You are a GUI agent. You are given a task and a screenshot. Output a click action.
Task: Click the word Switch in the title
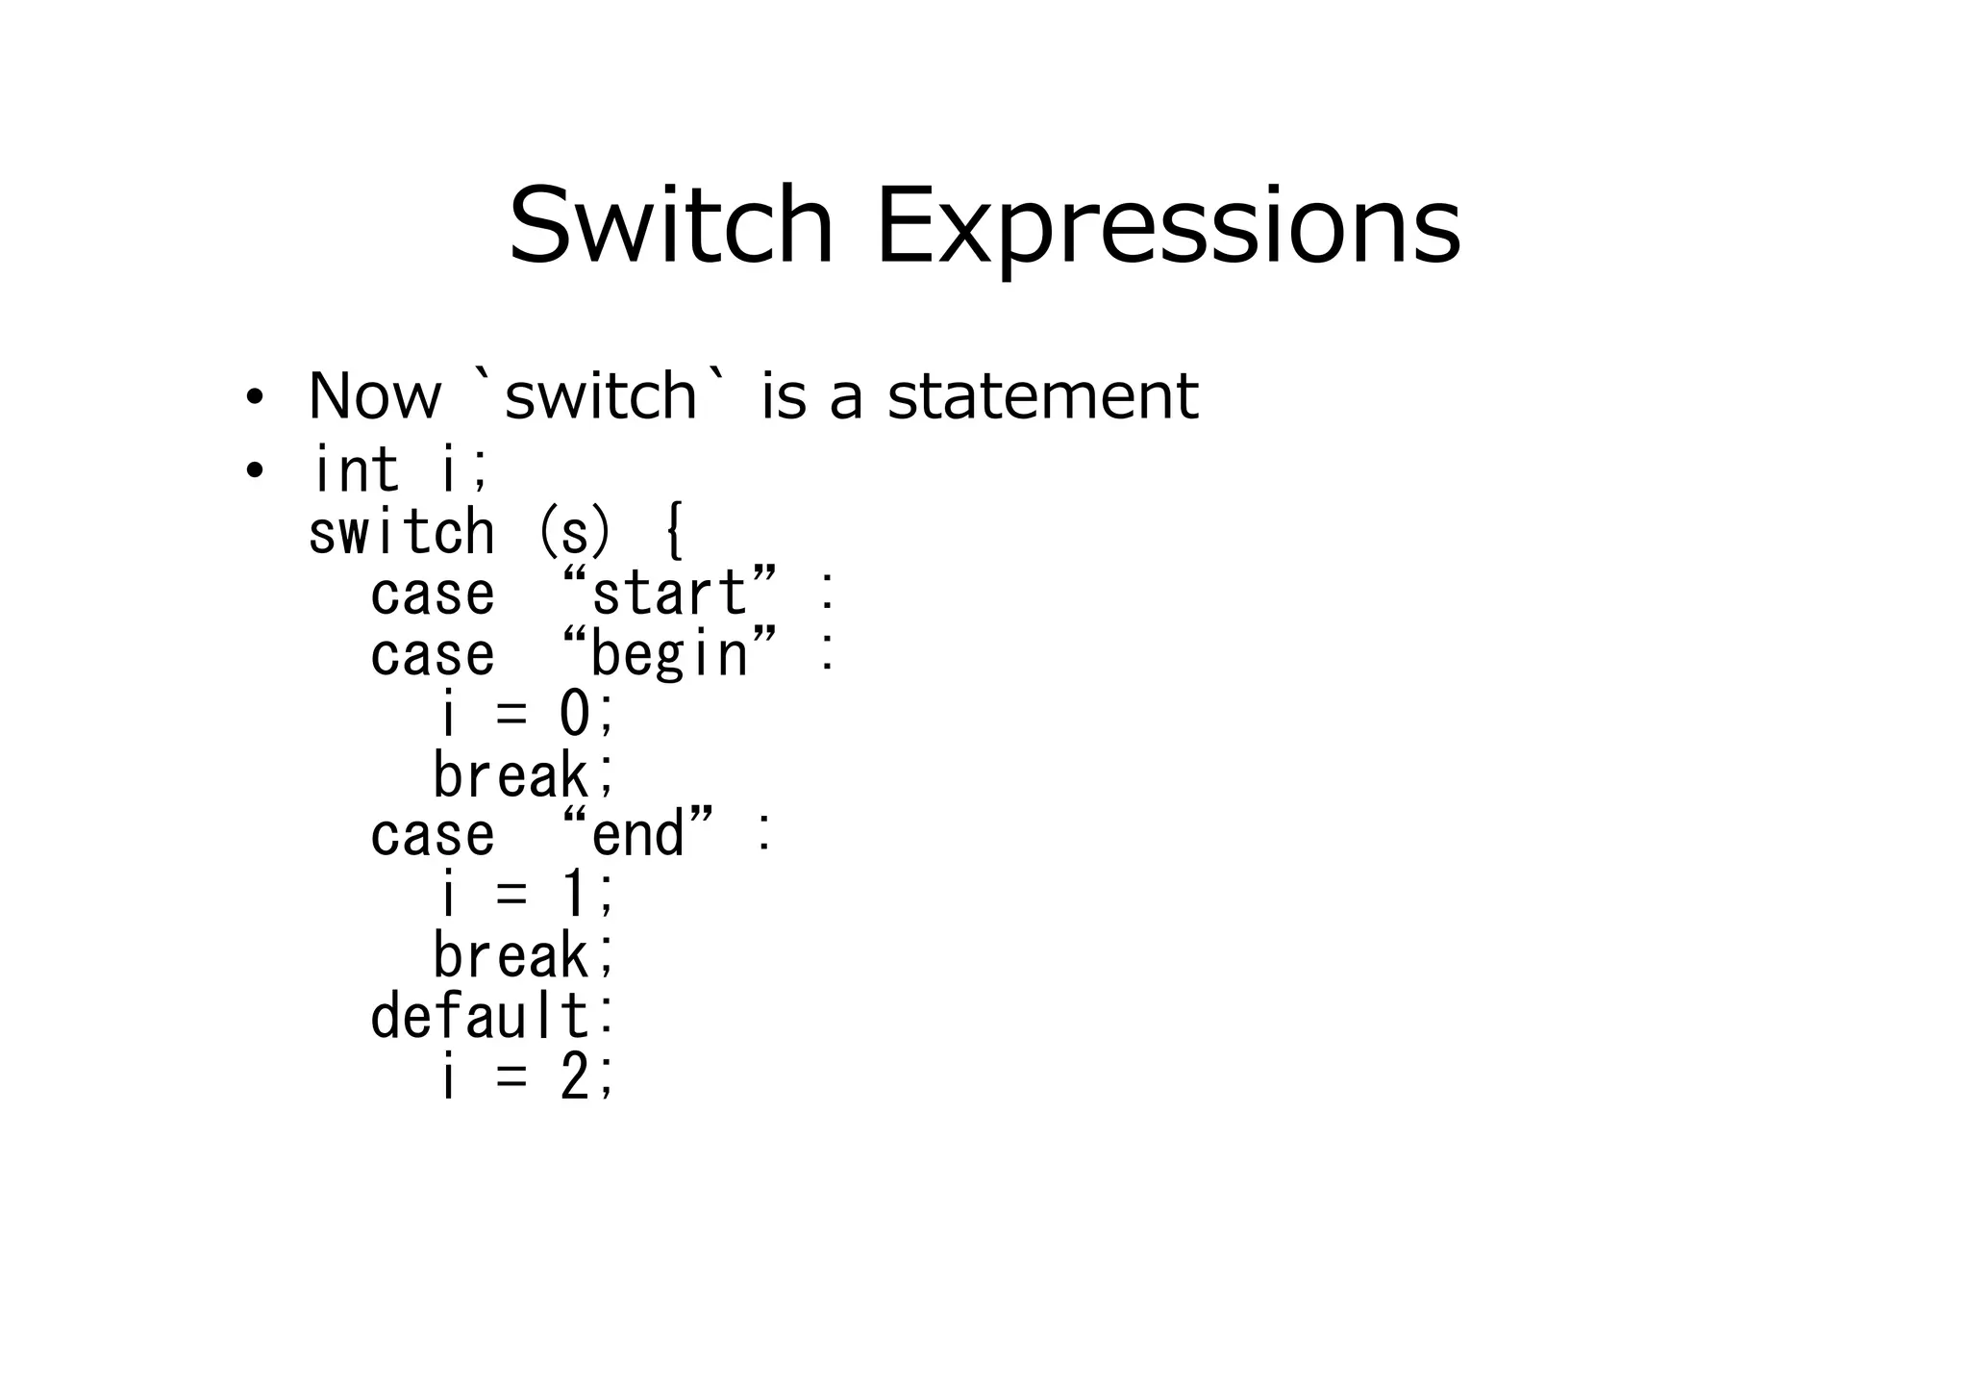pyautogui.click(x=670, y=227)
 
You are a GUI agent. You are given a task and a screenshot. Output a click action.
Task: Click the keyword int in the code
pyautogui.click(x=355, y=469)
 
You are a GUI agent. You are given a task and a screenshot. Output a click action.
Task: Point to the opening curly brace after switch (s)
pyautogui.click(x=674, y=532)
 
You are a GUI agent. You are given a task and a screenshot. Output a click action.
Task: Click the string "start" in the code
pyautogui.click(x=668, y=592)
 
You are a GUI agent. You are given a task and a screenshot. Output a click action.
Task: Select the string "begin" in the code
pyautogui.click(x=668, y=654)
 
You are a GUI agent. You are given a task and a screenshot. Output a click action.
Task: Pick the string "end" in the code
pyautogui.click(x=638, y=833)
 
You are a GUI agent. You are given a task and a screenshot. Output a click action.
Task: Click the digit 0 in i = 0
pyautogui.click(x=574, y=715)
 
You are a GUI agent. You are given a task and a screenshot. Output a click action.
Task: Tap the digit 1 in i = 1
pyautogui.click(x=574, y=894)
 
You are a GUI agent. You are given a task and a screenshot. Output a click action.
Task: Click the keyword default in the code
pyautogui.click(x=480, y=1016)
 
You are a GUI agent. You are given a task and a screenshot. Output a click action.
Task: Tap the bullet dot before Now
pyautogui.click(x=254, y=398)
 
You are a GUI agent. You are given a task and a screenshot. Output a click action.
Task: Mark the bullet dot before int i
pyautogui.click(x=254, y=471)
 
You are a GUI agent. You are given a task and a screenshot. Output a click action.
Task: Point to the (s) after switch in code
pyautogui.click(x=574, y=532)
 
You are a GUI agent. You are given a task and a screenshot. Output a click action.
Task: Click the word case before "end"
pyautogui.click(x=433, y=834)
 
